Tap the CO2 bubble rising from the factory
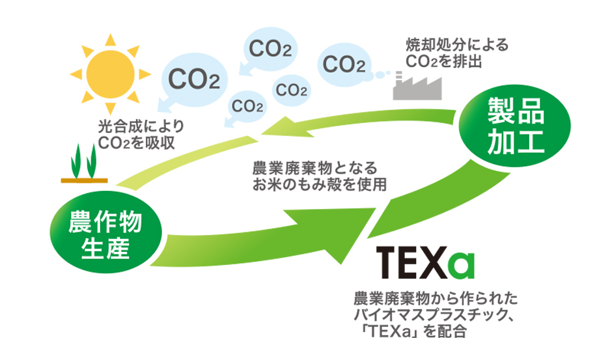343,64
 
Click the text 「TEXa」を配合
417,332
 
